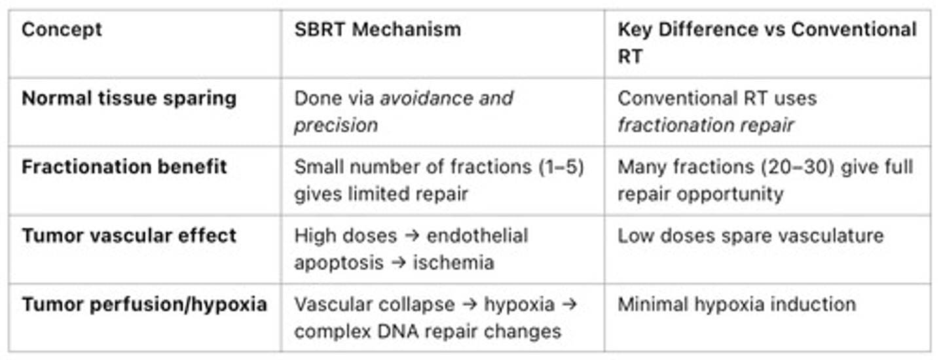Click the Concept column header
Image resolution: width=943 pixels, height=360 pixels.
tap(62, 30)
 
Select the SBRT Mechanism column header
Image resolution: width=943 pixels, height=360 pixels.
tap(378, 30)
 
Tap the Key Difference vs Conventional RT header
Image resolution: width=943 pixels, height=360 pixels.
tap(767, 43)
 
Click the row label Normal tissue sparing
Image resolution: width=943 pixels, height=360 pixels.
tap(129, 99)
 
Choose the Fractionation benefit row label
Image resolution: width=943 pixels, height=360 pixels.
tap(124, 167)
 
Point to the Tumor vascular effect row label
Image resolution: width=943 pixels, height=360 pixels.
tap(129, 236)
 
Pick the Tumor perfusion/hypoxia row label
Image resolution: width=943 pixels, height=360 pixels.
tap(144, 305)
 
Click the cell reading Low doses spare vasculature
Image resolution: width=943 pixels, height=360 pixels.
tap(750, 236)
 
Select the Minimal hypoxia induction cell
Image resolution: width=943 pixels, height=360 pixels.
tap(737, 304)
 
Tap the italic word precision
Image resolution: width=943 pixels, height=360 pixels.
tap(336, 126)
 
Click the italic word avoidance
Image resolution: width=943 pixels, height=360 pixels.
tap(425, 99)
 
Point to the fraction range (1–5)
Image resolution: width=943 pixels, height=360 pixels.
tap(562, 168)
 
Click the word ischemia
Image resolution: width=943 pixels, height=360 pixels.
tap(453, 263)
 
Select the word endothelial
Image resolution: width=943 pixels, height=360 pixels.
tap(477, 236)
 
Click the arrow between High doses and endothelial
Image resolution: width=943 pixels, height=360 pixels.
tap(412, 236)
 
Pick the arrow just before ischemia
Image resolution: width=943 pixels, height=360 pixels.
tap(398, 263)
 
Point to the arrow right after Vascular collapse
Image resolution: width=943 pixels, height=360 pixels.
tap(470, 305)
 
